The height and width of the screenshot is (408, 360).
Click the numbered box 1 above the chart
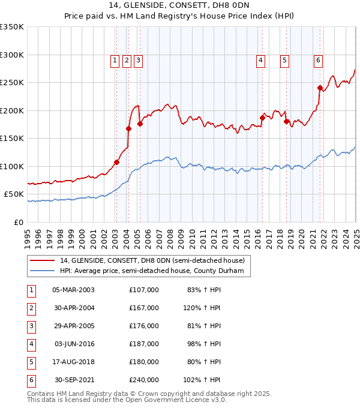click(x=115, y=60)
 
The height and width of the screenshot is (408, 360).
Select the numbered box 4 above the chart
click(x=261, y=60)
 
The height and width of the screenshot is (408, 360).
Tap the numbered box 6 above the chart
click(x=317, y=60)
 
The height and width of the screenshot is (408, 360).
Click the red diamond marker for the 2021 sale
click(x=320, y=88)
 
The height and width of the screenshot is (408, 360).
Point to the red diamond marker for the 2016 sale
click(x=262, y=118)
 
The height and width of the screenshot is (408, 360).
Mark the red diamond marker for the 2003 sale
click(x=117, y=162)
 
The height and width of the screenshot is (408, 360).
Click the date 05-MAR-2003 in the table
click(x=73, y=290)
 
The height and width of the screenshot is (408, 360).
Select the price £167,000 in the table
click(x=144, y=308)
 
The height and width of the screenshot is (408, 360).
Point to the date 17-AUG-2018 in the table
click(x=73, y=362)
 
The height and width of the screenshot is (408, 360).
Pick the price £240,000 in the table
click(x=144, y=380)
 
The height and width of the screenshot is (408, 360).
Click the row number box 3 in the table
click(x=31, y=326)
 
